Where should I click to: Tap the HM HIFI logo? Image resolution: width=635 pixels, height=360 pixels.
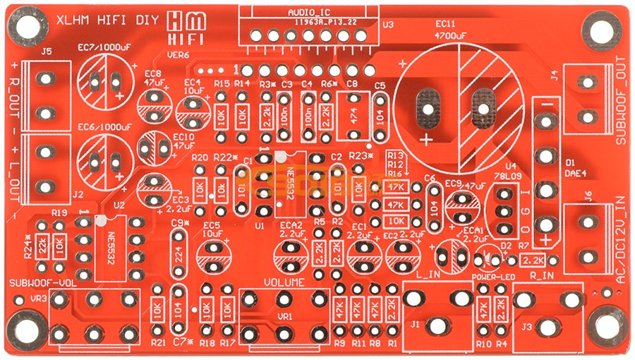pyautogui.click(x=177, y=28)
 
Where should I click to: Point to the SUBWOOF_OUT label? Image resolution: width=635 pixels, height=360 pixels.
pyautogui.click(x=621, y=107)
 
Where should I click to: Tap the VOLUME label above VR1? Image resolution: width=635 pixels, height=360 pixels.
pyautogui.click(x=284, y=282)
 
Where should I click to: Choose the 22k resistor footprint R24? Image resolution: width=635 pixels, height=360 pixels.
pyautogui.click(x=43, y=248)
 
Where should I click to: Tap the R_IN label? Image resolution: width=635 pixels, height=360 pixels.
pyautogui.click(x=540, y=275)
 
